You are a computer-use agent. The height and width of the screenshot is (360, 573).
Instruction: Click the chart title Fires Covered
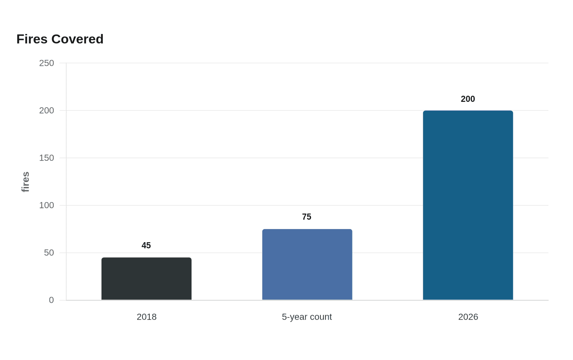coord(60,39)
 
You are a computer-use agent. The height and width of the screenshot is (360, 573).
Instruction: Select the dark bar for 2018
coord(147,279)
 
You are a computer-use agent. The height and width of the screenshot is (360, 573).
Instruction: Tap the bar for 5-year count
coord(307,264)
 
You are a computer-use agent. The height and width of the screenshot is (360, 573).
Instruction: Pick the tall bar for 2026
coord(468,205)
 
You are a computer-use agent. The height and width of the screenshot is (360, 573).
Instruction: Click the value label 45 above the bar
coord(146,245)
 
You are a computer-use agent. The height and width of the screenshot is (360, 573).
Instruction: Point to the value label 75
coord(307,217)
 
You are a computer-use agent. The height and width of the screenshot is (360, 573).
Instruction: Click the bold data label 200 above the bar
coord(468,99)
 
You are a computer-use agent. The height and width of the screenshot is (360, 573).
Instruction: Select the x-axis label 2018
coord(147,317)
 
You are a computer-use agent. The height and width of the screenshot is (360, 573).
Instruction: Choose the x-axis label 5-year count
coord(307,317)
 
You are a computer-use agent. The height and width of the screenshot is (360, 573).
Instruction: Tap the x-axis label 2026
coord(468,317)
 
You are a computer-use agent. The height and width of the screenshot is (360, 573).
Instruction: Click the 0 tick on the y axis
coord(52,300)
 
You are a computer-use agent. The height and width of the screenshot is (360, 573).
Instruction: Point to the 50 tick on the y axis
coord(49,253)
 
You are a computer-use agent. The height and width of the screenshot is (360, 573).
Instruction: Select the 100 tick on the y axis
coord(47,205)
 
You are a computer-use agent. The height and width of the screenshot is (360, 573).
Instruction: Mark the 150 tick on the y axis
coord(47,158)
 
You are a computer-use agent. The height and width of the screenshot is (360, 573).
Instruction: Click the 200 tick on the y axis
coord(47,111)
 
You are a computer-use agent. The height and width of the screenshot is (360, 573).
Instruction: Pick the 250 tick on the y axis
coord(47,63)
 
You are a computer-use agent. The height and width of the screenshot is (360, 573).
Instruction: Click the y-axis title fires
coord(25,182)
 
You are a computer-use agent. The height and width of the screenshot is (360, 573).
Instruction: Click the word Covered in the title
coord(77,39)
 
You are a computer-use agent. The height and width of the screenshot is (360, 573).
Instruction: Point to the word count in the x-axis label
coord(320,317)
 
